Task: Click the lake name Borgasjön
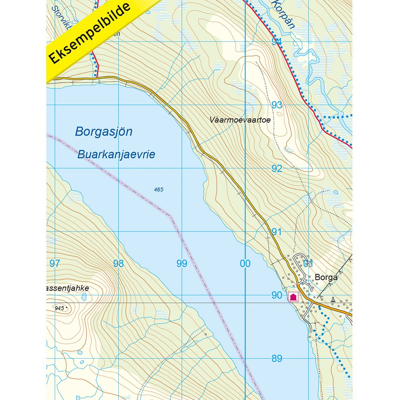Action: coord(104,131)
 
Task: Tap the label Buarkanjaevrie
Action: coord(116,155)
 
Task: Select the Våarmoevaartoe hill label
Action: coord(240,120)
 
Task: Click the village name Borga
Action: coord(326,277)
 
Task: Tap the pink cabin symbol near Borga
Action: coord(293,297)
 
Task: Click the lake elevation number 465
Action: coord(159,190)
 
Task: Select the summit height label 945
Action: coord(59,308)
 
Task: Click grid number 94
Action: coord(277,42)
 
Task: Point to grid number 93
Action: coord(277,105)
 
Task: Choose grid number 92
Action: coord(277,168)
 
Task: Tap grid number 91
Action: coord(277,232)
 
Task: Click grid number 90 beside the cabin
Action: coord(277,295)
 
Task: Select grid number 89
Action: coord(277,359)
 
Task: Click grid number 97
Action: coord(55,264)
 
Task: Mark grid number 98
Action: coord(118,264)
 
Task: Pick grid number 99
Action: coord(182,264)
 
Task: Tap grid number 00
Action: coord(245,264)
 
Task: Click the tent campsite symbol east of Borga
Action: coord(333,299)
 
